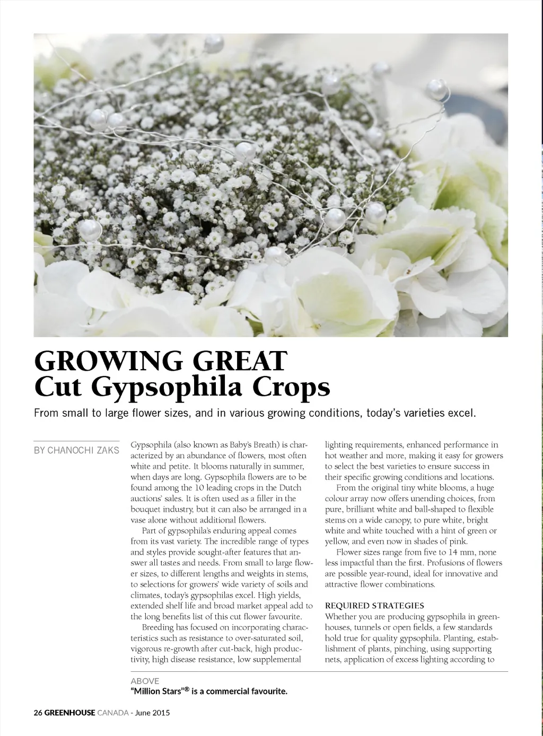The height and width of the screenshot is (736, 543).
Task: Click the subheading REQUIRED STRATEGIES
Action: tap(374, 606)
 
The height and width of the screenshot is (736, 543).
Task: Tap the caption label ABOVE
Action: tap(145, 681)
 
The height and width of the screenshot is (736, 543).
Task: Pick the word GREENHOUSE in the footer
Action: tap(69, 713)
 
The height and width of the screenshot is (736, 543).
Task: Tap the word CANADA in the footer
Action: tap(113, 713)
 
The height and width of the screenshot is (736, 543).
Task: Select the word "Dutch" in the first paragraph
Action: tap(291, 488)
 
